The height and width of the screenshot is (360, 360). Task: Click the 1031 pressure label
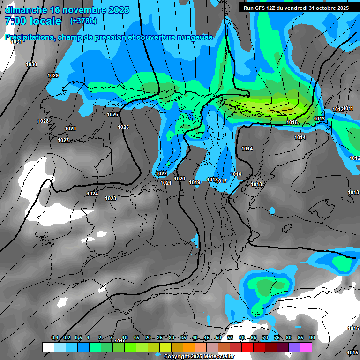coord(16,42)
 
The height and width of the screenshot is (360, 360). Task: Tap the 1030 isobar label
coord(31,64)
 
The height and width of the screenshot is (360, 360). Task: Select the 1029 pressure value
coord(53,75)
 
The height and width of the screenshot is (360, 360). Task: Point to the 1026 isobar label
coord(112,114)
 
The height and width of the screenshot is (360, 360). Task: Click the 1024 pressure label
coord(92,194)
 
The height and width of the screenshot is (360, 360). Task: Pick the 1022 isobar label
coord(161,173)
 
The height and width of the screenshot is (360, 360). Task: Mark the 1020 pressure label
coord(180,179)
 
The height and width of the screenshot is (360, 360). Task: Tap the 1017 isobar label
coord(222,180)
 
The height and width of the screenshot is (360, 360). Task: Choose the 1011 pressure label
coord(349,109)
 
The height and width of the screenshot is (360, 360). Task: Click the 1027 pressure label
coord(63,140)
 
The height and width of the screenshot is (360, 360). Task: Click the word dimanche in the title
coord(25,10)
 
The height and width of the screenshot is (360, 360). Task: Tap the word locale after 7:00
coord(44,21)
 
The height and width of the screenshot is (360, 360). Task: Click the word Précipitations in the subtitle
coord(28,37)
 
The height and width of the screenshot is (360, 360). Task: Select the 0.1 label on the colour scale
coord(55,338)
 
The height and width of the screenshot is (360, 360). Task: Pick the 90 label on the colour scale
coord(312,338)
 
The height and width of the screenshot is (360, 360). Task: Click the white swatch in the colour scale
coord(48,347)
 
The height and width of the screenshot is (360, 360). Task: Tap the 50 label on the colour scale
coord(218,338)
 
